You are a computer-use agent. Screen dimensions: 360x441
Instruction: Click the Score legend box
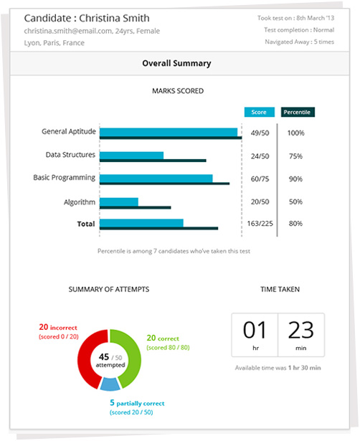click(260, 112)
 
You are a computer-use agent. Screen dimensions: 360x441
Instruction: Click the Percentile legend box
click(298, 112)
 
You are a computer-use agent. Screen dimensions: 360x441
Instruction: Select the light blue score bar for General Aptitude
click(169, 132)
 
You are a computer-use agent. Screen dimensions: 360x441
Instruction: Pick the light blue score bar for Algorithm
click(119, 202)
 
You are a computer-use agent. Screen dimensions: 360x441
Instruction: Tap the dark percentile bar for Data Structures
click(153, 161)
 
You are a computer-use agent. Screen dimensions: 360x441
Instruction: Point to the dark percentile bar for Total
click(159, 228)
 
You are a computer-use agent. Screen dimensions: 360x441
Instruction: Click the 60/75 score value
click(260, 179)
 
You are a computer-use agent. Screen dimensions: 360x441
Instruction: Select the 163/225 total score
click(260, 224)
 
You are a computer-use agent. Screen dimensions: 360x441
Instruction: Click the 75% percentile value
click(295, 156)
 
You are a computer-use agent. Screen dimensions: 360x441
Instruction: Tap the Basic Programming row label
click(65, 178)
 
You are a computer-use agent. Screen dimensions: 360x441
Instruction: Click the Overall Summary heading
click(176, 63)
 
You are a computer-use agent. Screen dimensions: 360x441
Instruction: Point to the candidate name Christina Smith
click(114, 18)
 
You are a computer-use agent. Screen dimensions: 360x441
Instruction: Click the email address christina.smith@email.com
click(68, 31)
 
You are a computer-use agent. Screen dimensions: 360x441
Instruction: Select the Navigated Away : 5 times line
click(300, 42)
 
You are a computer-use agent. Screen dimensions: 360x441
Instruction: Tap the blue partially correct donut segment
click(110, 384)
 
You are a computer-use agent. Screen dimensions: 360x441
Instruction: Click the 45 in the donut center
click(104, 357)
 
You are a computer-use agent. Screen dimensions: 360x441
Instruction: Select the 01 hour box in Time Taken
click(255, 335)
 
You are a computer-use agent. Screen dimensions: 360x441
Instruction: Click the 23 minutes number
click(301, 330)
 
